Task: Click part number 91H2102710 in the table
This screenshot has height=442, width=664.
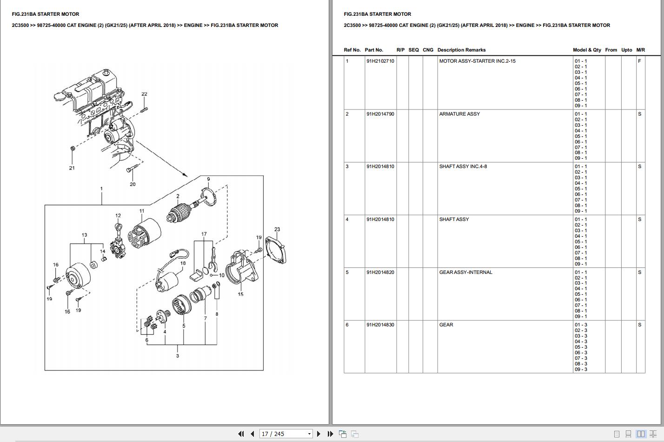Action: [x=380, y=61]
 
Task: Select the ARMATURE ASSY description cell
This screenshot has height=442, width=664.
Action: [x=459, y=114]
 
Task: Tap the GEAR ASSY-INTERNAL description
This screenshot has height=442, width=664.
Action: [x=465, y=272]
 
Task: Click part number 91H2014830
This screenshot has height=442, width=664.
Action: [x=380, y=325]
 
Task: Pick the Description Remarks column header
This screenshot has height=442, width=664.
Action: [x=461, y=50]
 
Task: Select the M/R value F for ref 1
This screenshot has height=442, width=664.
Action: [x=640, y=61]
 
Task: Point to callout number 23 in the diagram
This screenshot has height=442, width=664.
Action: [x=277, y=229]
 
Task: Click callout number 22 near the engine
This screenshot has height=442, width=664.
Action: [x=144, y=94]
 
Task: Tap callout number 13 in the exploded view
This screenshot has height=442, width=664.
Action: [x=84, y=235]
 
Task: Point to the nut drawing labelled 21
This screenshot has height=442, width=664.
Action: [x=73, y=149]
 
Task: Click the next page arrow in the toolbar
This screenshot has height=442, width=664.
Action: [x=319, y=434]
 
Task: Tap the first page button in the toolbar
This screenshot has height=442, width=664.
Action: [x=240, y=434]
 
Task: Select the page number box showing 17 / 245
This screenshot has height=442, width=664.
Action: [x=286, y=434]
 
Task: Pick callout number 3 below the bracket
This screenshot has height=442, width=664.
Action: [x=177, y=356]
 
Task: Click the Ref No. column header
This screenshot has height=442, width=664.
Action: [x=352, y=50]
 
